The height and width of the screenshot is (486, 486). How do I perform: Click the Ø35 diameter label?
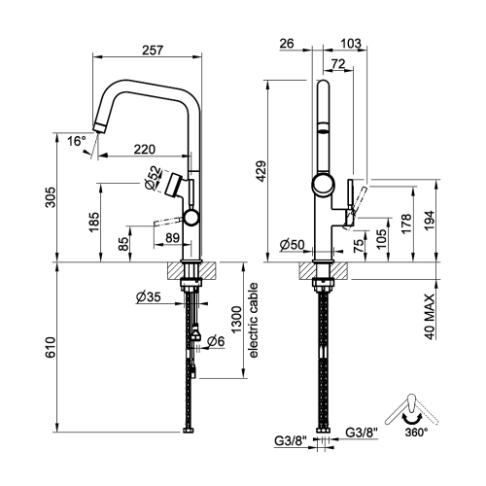(149, 295)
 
